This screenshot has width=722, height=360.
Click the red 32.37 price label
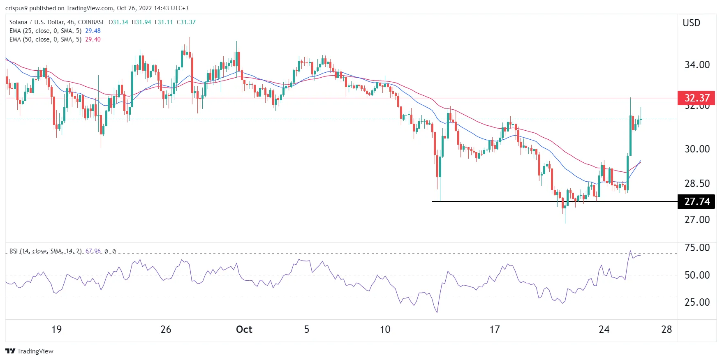click(697, 98)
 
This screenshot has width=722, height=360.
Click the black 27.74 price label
click(697, 201)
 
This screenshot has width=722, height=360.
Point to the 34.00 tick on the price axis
click(697, 65)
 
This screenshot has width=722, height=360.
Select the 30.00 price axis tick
click(697, 149)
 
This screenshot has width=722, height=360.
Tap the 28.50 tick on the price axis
click(697, 183)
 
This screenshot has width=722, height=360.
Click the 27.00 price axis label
click(697, 219)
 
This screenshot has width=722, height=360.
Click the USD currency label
click(691, 23)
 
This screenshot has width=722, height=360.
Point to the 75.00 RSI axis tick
click(697, 247)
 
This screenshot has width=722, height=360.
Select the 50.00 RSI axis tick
click(697, 275)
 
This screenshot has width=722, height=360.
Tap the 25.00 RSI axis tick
click(697, 302)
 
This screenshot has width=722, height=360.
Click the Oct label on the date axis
click(244, 329)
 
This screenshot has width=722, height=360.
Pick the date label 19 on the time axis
click(56, 329)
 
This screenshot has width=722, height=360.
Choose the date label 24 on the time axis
click(604, 329)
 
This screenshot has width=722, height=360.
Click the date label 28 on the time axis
click(666, 329)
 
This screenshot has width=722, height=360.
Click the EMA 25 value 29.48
click(93, 31)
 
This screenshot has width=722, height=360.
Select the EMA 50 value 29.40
click(93, 39)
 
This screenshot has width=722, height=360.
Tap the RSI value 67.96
click(93, 251)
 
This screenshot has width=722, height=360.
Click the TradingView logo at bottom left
click(29, 351)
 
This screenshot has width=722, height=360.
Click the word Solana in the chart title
click(18, 22)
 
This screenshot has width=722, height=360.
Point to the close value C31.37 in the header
click(186, 22)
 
